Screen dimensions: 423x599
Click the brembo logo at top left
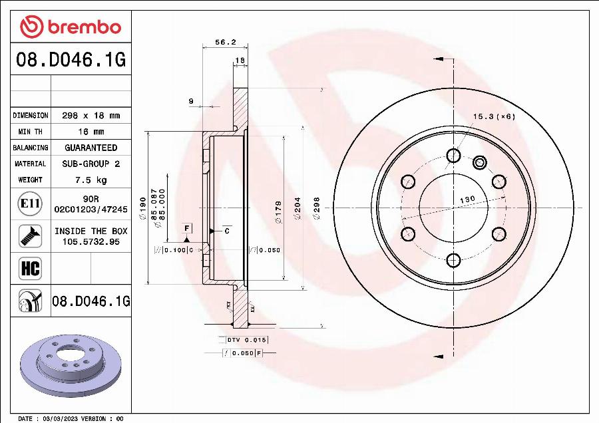pyautogui.click(x=71, y=27)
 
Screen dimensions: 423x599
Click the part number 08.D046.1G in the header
pyautogui.click(x=71, y=61)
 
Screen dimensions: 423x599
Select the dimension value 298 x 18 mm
pyautogui.click(x=91, y=116)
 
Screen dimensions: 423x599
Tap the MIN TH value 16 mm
pyautogui.click(x=91, y=132)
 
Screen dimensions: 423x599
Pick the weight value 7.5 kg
pyautogui.click(x=91, y=180)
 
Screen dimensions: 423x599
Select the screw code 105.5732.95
pyautogui.click(x=91, y=241)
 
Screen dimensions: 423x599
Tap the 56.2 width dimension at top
pyautogui.click(x=225, y=41)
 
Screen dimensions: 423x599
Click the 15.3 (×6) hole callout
pyautogui.click(x=494, y=116)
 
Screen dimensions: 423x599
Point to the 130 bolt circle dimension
pyautogui.click(x=467, y=200)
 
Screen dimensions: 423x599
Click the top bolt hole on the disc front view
pyautogui.click(x=453, y=156)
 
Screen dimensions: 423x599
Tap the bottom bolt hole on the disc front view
pyautogui.click(x=453, y=259)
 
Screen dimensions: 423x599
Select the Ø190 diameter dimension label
pyautogui.click(x=142, y=208)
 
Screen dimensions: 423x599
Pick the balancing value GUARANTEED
pyautogui.click(x=91, y=148)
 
